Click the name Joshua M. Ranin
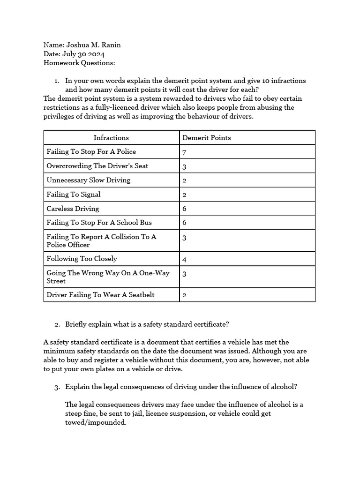click(96, 45)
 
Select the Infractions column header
click(111, 138)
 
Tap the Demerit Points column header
click(206, 138)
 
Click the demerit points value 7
click(184, 152)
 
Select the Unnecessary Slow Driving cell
click(89, 180)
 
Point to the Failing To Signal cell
click(74, 194)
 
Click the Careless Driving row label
click(73, 209)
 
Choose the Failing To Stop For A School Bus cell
click(99, 222)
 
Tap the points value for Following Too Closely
click(184, 259)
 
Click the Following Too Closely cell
click(82, 259)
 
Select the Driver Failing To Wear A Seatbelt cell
click(100, 295)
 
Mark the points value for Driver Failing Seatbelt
click(184, 295)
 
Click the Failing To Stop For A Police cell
click(91, 152)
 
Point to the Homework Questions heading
click(79, 63)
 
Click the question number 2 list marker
click(57, 324)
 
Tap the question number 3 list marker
click(57, 387)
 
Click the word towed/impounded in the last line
click(96, 422)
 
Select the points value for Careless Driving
click(184, 209)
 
